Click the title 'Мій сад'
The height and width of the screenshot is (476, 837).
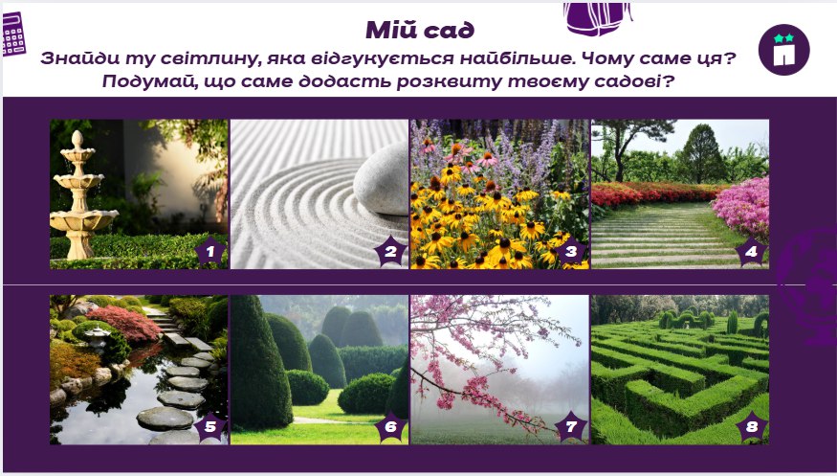(x=420, y=31)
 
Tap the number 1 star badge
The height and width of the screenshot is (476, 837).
(x=210, y=252)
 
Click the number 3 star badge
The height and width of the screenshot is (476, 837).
(x=571, y=252)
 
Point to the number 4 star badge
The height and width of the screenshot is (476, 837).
(x=751, y=253)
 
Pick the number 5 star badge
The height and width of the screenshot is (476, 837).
(x=210, y=427)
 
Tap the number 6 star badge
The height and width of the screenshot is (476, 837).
(x=390, y=427)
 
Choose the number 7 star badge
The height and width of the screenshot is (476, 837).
(x=571, y=427)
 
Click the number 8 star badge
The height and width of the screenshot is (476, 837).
(x=751, y=427)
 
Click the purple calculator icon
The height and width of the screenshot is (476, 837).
(x=13, y=35)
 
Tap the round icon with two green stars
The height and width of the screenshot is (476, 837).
(x=783, y=49)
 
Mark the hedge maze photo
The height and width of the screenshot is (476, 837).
(x=679, y=369)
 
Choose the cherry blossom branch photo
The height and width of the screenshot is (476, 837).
(x=498, y=369)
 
